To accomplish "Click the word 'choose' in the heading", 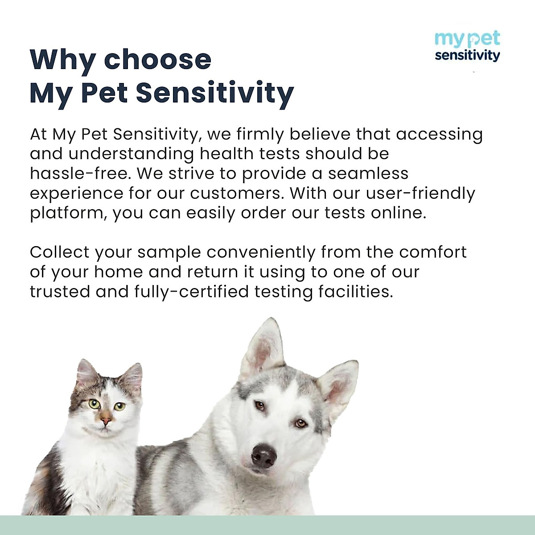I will point(157,60).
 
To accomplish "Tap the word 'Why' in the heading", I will point(62,60).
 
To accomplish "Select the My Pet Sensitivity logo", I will point(467,46).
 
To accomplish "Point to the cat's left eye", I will point(94,404).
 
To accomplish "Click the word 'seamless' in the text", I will point(368,173).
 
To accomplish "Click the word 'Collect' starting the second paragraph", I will point(60,252).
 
